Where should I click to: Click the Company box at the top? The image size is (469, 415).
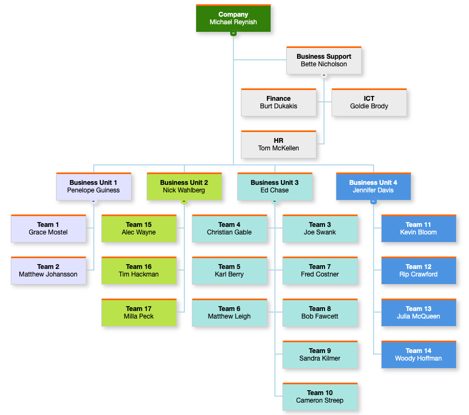233,18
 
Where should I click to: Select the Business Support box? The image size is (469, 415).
323,60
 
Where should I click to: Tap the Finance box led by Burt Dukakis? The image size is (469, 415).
278,102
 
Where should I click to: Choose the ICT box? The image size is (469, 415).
369,102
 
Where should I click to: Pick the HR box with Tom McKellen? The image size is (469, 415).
278,144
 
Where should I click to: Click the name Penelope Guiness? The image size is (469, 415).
93,190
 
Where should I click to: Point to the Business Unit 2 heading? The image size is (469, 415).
184,183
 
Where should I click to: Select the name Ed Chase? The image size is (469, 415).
274,190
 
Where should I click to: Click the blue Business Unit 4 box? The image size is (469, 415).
373,186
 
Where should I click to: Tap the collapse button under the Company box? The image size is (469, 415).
233,33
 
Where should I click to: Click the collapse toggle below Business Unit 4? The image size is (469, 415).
373,202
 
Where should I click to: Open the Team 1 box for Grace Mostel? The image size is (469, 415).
48,229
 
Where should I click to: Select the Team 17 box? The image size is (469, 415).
139,313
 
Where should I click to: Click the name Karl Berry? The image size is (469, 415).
229,274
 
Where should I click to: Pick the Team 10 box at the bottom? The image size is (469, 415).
320,397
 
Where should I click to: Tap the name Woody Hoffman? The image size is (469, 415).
418,358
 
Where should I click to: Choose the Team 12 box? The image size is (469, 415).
418,271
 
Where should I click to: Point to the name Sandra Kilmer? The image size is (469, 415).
320,358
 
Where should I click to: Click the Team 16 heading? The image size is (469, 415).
139,267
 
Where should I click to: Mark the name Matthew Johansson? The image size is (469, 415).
48,274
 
